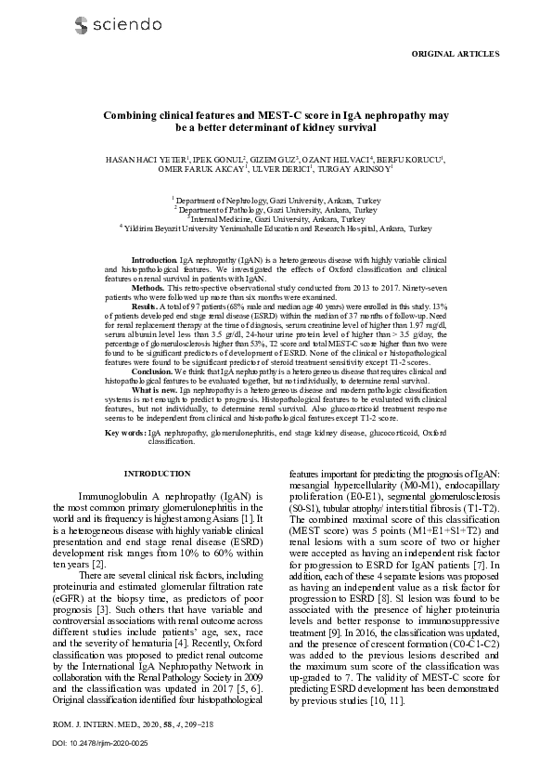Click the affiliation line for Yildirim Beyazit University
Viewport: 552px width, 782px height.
pos(276,228)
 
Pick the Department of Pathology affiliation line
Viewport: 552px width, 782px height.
pos(276,209)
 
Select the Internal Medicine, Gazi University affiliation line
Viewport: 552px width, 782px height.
pos(276,218)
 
